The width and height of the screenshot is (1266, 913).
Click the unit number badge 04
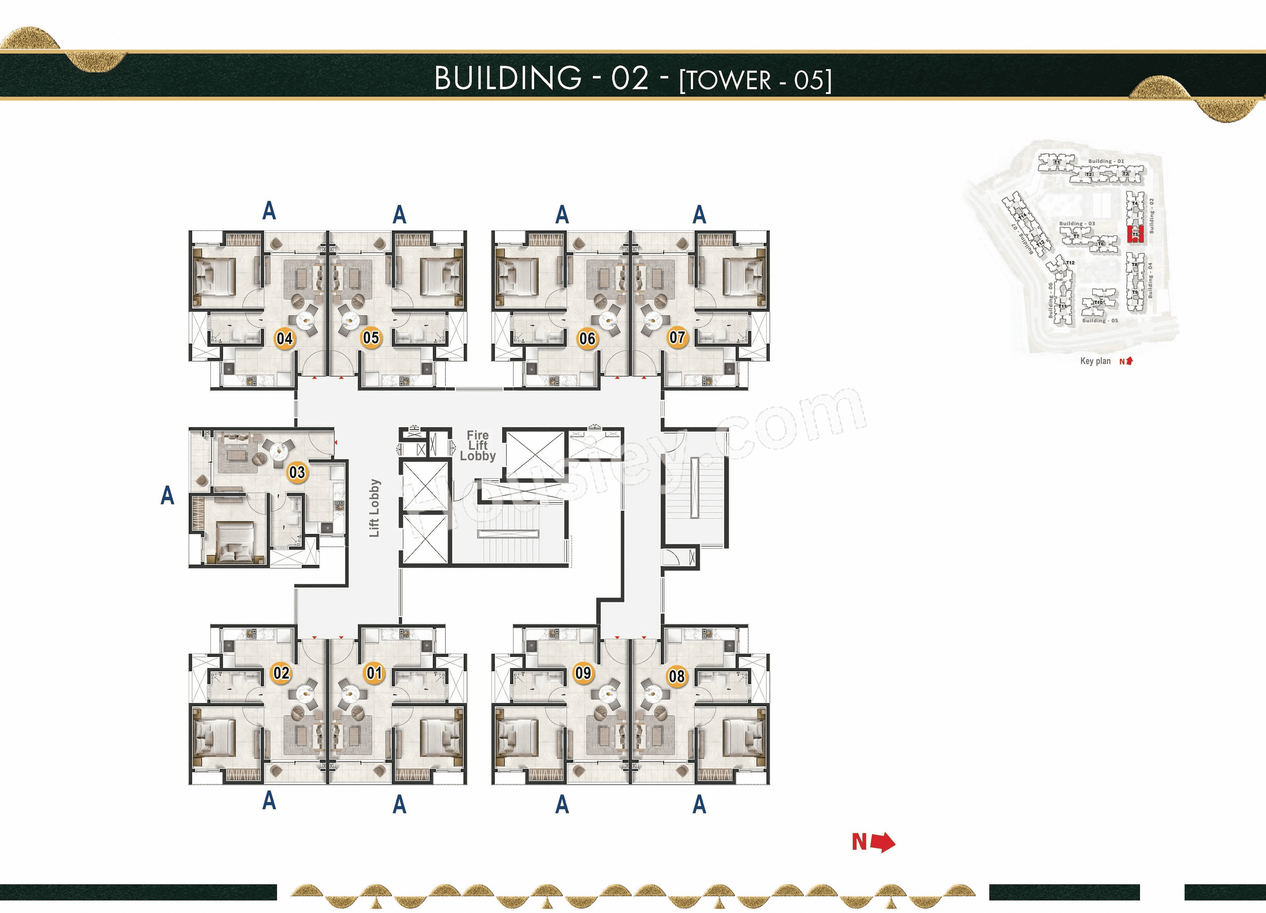point(285,338)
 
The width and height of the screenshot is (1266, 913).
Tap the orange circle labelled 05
point(371,338)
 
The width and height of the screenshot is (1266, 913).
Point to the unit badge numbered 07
point(677,337)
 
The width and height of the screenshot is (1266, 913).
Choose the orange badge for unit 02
point(281,672)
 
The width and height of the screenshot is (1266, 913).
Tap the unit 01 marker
point(374,672)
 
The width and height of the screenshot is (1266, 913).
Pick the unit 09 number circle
point(583,672)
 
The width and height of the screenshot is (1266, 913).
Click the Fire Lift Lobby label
point(478,445)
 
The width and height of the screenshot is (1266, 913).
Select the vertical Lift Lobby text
point(374,508)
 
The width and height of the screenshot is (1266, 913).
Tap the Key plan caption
point(1095,361)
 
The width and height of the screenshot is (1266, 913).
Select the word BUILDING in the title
point(508,78)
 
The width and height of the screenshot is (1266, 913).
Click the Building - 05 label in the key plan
point(1100,320)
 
